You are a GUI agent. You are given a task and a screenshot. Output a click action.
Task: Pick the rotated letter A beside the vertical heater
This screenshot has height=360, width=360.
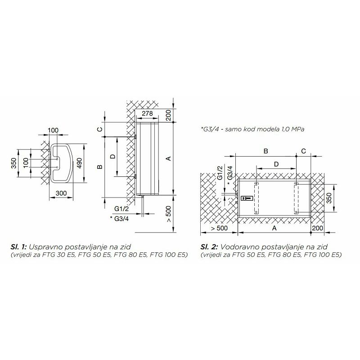168,158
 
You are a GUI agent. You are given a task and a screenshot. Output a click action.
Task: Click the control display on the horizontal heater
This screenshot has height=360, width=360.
247,198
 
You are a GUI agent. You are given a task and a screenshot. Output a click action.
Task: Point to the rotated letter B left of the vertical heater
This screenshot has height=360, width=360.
100,166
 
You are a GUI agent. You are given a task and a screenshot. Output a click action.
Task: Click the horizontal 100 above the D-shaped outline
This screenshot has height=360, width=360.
53,130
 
